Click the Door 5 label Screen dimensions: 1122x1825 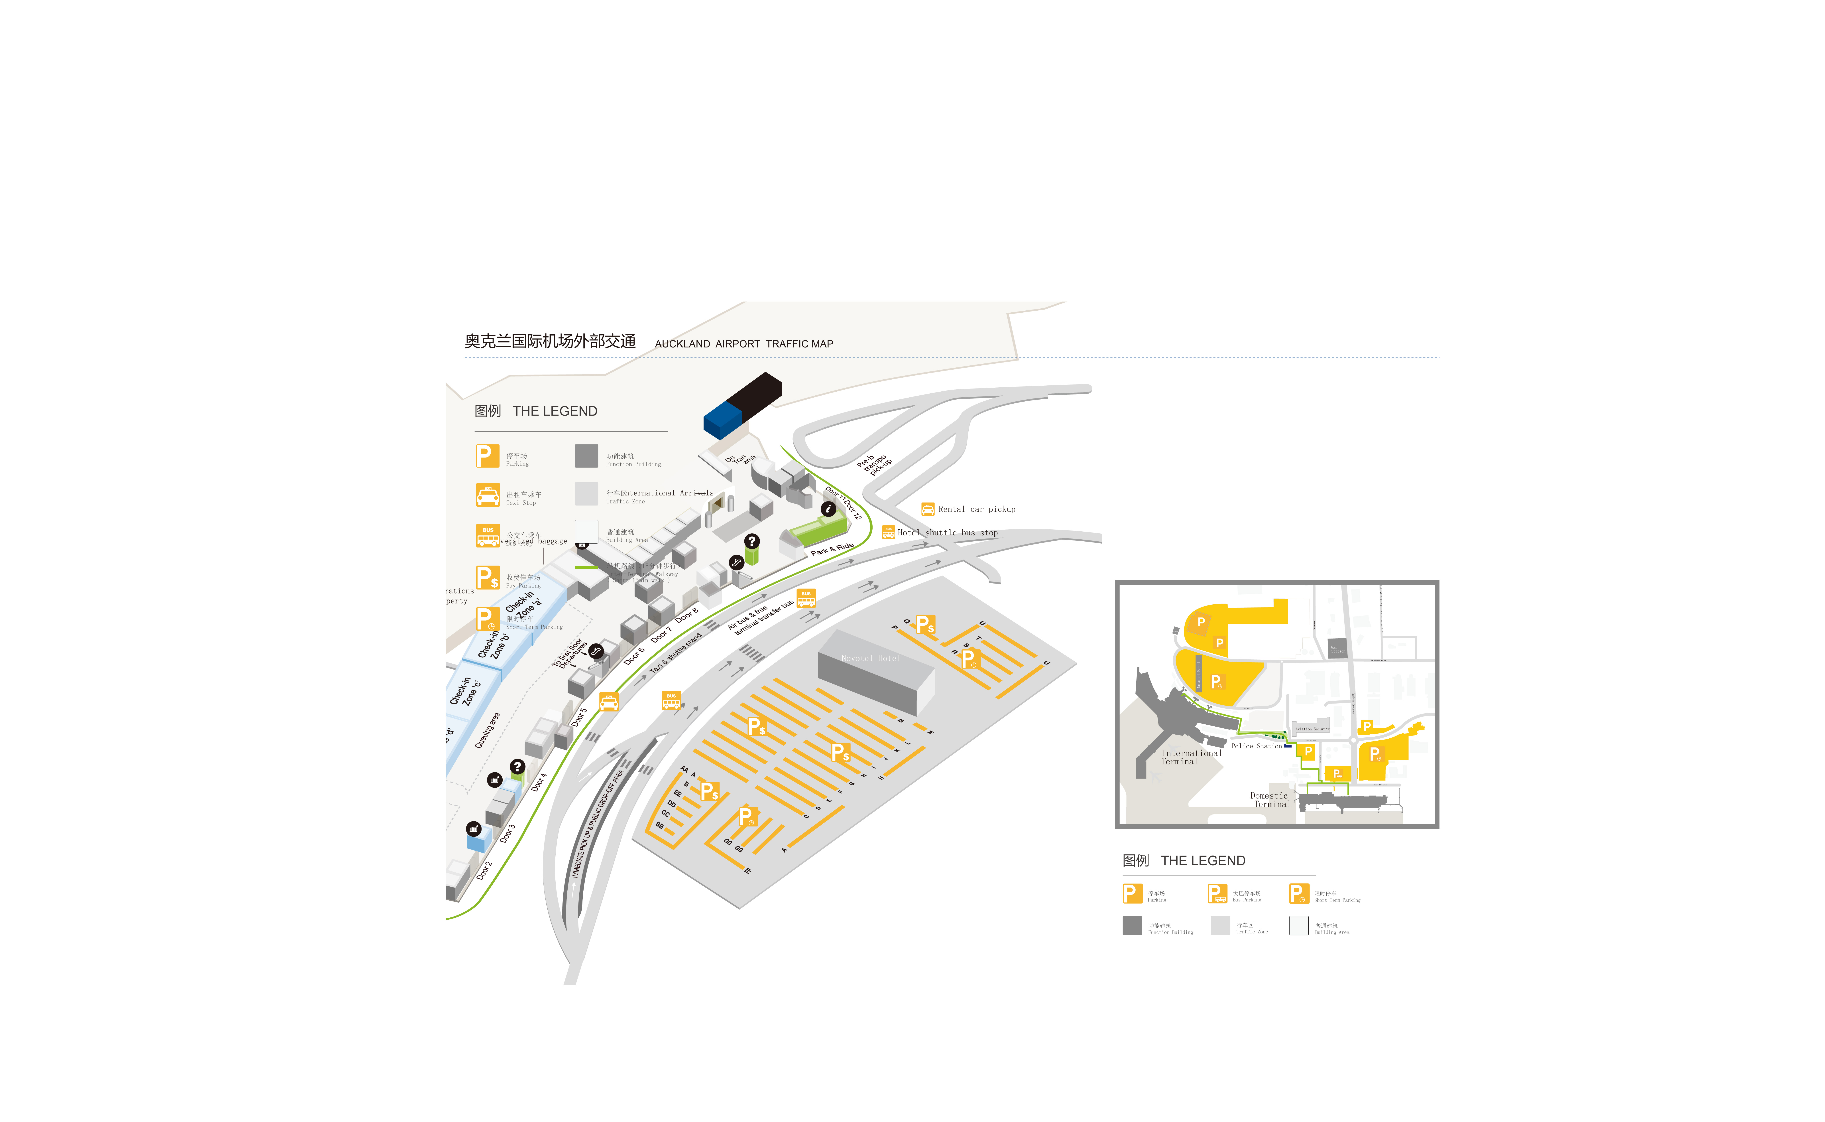(579, 717)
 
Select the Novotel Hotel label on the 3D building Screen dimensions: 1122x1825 (870, 658)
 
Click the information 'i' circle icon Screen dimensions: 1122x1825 (828, 509)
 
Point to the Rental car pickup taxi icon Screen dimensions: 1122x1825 (927, 509)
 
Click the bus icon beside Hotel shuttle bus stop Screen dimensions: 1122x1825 (888, 532)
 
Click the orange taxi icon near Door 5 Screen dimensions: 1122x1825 (608, 702)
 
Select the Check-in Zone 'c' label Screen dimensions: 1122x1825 (465, 692)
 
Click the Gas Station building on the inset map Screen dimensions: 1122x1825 (1337, 648)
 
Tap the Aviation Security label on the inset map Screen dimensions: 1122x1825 (1312, 729)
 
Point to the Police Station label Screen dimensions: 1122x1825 (1256, 746)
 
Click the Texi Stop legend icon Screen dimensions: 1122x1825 (487, 495)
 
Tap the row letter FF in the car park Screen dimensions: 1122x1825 (748, 870)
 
